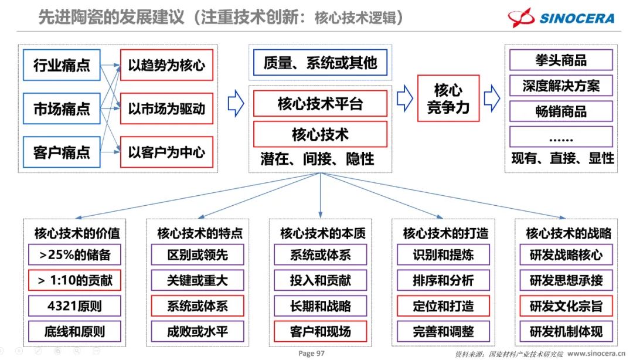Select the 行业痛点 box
pos(62,64)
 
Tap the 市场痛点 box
pos(62,108)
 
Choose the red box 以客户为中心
pos(166,152)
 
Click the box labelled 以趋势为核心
pos(166,64)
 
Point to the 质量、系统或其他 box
pos(320,63)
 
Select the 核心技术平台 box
pos(320,104)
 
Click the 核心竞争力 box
pos(448,99)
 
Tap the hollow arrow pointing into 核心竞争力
pos(404,99)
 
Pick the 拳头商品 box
pos(561,60)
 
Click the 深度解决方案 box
pos(561,86)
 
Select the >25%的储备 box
pos(74,255)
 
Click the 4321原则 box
pos(74,305)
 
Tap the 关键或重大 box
pos(197,280)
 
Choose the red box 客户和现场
pos(320,331)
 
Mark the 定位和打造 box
pos(443,305)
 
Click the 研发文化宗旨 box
pos(566,305)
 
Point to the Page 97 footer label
pos(311,354)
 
